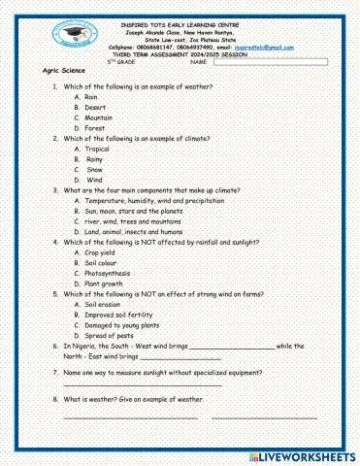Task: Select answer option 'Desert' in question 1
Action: pyautogui.click(x=95, y=107)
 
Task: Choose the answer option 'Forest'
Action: pyautogui.click(x=95, y=127)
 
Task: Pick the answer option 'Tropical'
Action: pyautogui.click(x=97, y=149)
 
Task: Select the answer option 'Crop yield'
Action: pyautogui.click(x=101, y=252)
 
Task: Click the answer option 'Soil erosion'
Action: pyautogui.click(x=102, y=305)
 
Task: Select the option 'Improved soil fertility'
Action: pyautogui.click(x=119, y=315)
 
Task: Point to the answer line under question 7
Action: pyautogui.click(x=142, y=383)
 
